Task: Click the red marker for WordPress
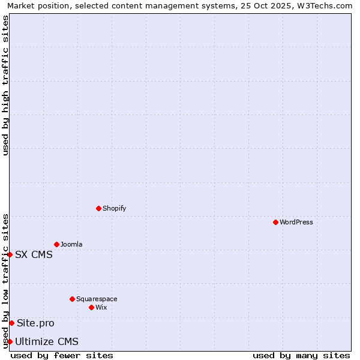tap(275, 222)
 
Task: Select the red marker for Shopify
tap(98, 208)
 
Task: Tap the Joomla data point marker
tap(56, 244)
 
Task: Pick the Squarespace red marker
tap(72, 299)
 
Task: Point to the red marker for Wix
tap(91, 307)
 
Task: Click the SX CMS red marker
tap(10, 254)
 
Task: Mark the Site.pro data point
tap(11, 323)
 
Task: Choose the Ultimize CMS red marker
tap(10, 341)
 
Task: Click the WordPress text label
tap(296, 222)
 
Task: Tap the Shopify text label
tap(114, 208)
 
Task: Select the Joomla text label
tap(71, 244)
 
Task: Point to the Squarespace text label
tap(97, 299)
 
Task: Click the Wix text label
tap(101, 307)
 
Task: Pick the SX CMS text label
tap(34, 254)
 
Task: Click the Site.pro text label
tap(35, 323)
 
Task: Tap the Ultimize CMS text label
tap(47, 341)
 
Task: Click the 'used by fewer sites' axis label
tap(62, 355)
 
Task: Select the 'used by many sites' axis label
tap(301, 355)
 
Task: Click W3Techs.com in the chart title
tap(326, 5)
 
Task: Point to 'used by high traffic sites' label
tap(5, 85)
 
